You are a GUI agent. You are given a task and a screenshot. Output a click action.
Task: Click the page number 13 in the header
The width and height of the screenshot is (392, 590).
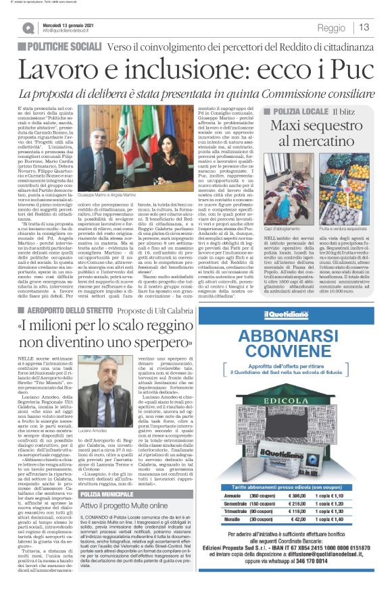pyautogui.click(x=364, y=27)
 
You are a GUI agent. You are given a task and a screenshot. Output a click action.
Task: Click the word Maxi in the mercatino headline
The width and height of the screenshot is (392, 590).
pyautogui.click(x=291, y=126)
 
